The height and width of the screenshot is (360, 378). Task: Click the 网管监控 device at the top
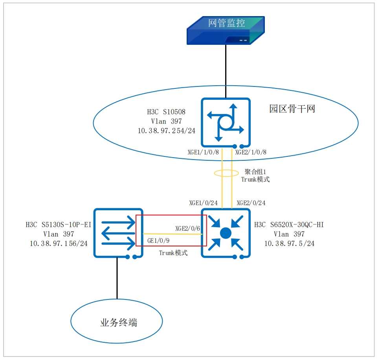tap(226, 30)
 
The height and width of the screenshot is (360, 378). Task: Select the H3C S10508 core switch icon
tap(226, 122)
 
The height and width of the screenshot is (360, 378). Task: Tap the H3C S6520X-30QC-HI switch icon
tap(226, 233)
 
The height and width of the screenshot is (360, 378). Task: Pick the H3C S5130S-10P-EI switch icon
tap(118, 233)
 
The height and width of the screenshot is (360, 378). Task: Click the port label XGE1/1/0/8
tap(204, 152)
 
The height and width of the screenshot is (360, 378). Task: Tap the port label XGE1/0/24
tap(203, 203)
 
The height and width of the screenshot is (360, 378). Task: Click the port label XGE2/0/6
tap(188, 228)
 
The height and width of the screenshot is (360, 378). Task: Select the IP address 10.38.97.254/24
tap(167, 130)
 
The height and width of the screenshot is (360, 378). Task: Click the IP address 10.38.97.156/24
tap(59, 244)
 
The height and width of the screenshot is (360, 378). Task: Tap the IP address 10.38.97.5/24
tap(289, 244)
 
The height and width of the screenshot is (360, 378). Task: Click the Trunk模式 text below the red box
tap(173, 253)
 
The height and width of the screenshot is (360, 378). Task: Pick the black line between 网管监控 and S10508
tap(226, 71)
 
